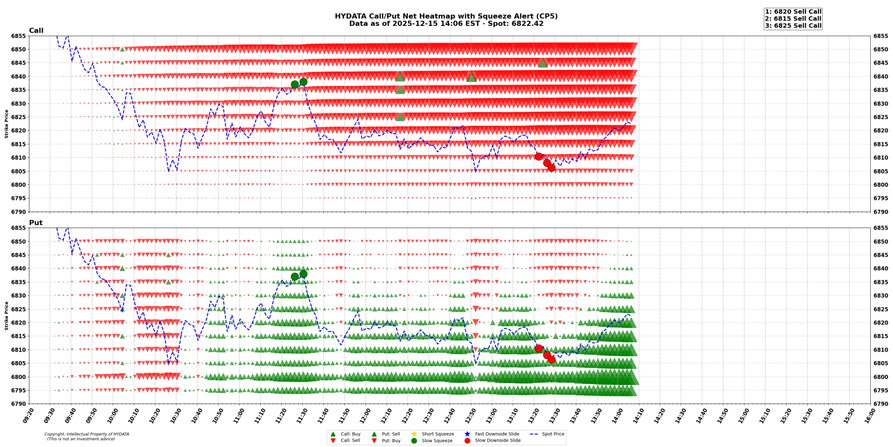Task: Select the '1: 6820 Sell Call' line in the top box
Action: coord(793,12)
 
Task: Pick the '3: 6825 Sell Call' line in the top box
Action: coord(793,25)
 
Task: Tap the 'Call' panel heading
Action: coord(36,30)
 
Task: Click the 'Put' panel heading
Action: coord(36,222)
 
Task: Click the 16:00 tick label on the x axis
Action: coord(869,416)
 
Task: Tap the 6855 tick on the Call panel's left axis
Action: coord(18,36)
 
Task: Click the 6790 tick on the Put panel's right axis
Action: coord(880,404)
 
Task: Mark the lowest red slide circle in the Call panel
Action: coord(551,168)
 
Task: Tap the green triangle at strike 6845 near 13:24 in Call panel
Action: coord(542,63)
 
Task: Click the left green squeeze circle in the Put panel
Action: coord(294,277)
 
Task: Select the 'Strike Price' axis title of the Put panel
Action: coord(6,316)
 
